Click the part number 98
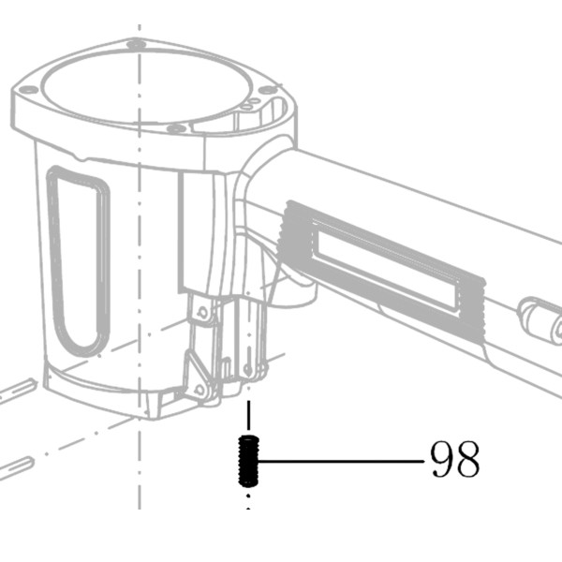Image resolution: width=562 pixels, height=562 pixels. [454, 459]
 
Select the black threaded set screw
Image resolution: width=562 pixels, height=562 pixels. [248, 461]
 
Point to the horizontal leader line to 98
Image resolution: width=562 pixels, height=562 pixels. [341, 461]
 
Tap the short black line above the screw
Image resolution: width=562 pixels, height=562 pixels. [248, 415]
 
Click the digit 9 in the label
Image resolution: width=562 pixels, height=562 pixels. [442, 459]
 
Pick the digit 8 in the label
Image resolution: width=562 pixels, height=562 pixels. [467, 459]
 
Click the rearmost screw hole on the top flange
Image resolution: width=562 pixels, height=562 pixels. [136, 45]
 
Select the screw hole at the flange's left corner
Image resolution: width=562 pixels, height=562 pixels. [28, 89]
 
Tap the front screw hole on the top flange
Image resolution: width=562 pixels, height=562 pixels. [176, 128]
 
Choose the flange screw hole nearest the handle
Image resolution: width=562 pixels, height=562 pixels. [267, 90]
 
